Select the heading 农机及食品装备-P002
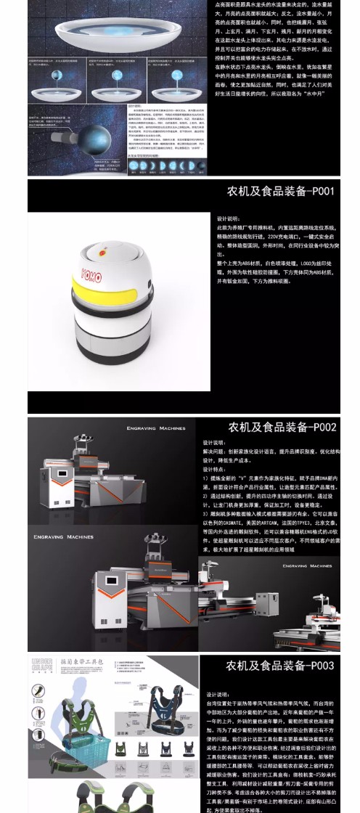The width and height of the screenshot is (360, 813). tap(282, 427)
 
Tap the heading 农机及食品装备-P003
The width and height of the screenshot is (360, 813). tap(280, 665)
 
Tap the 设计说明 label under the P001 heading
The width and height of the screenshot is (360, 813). tap(228, 218)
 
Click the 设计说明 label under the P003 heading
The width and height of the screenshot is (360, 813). tap(218, 695)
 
